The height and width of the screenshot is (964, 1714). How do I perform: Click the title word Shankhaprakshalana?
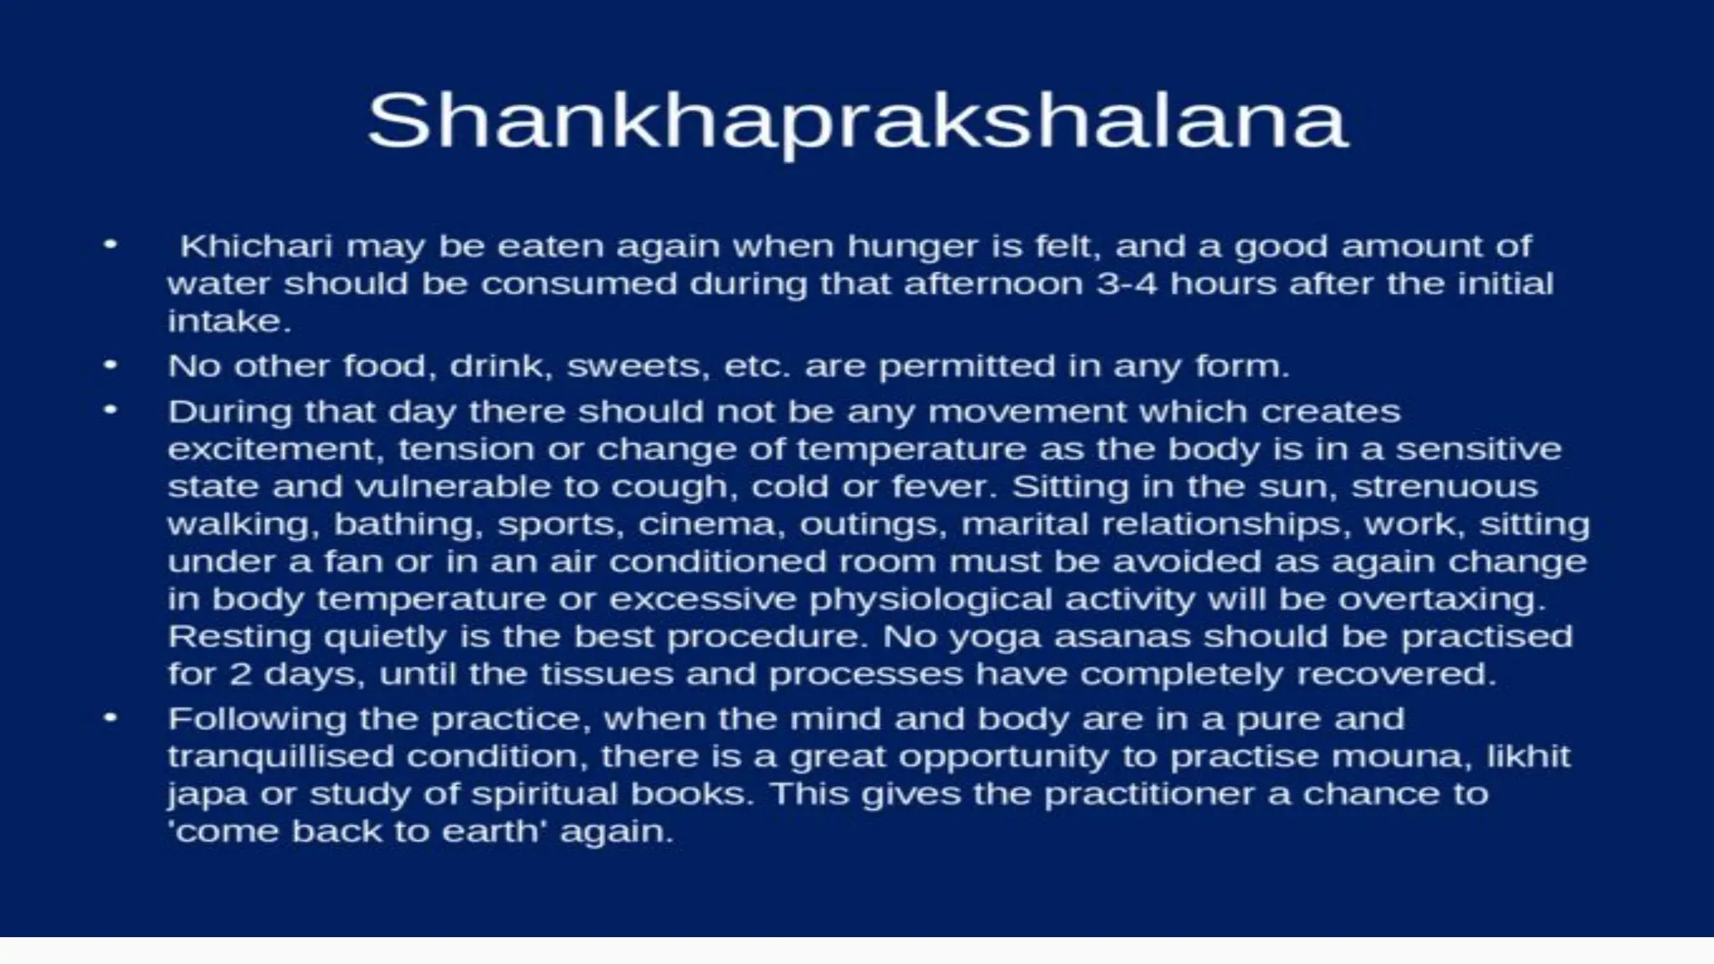click(x=857, y=122)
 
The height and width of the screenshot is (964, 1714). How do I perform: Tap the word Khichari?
click(x=256, y=247)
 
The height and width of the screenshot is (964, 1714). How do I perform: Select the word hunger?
click(x=907, y=247)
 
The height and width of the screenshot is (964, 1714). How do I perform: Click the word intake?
click(x=228, y=321)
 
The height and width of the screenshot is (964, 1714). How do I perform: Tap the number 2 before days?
click(x=240, y=674)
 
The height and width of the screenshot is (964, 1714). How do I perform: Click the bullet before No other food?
click(x=110, y=366)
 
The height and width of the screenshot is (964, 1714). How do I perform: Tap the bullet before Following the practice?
click(x=110, y=719)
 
